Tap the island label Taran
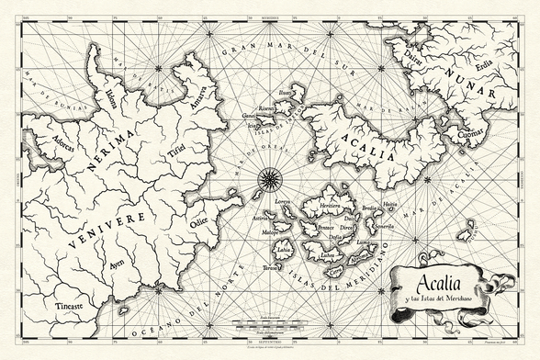(x=270, y=268)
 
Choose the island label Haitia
(x=389, y=204)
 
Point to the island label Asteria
(x=263, y=219)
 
